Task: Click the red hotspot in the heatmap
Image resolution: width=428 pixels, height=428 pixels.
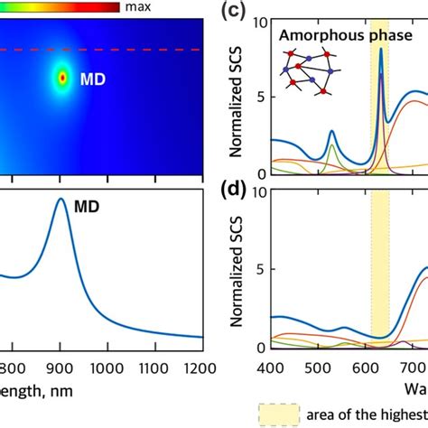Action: [62, 79]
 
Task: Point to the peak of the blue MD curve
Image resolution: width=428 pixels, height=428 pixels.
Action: [60, 200]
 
